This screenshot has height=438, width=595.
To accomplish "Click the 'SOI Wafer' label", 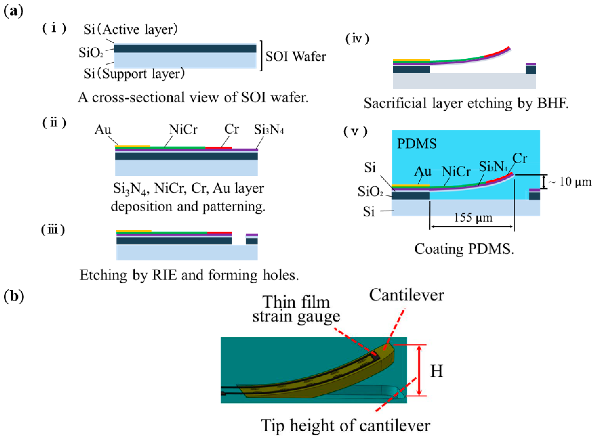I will coord(295,56).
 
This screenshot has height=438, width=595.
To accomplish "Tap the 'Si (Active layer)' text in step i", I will coord(130,29).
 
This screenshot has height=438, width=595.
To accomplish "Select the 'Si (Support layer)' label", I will coord(134,73).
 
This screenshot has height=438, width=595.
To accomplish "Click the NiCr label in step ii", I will coord(183,130).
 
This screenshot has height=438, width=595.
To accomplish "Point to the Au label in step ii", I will coord(103,130).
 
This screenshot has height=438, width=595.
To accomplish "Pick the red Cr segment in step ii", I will coord(219,148).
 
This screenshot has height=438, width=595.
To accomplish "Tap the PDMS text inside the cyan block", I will coord(417,144).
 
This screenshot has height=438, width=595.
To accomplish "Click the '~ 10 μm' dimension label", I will coord(570,182).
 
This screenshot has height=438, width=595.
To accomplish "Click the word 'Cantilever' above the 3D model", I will coord(406,295).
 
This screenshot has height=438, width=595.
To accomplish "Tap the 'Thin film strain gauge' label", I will coord(296,309).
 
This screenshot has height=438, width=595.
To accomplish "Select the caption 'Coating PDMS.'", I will coord(464,249).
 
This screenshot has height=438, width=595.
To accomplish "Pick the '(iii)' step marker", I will coord(53,230).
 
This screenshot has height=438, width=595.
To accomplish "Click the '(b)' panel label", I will coord(14,296).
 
